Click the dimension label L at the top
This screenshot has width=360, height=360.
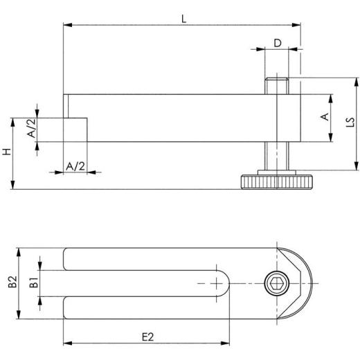tap(183, 19)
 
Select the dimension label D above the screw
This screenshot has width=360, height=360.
tap(277, 43)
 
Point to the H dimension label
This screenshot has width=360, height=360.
tap(6, 152)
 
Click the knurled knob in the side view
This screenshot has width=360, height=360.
tap(275, 183)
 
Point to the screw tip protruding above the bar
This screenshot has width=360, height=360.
tap(276, 87)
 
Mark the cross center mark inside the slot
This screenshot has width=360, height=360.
tap(218, 283)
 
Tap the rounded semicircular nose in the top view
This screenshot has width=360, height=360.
tap(302, 282)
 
